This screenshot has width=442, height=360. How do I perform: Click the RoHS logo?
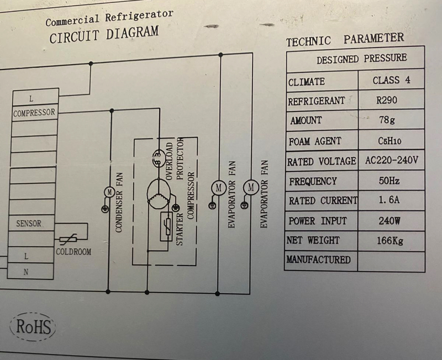point(33,326)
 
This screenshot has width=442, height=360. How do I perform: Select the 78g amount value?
point(387,120)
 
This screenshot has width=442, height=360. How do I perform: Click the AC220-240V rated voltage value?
point(391,161)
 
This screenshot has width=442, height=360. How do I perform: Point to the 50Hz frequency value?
point(390,181)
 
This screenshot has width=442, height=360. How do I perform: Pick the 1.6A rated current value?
point(390,200)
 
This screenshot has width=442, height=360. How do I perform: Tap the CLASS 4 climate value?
point(391,80)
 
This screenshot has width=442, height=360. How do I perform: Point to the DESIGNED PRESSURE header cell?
point(361,59)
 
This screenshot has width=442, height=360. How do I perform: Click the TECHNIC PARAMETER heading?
point(345,40)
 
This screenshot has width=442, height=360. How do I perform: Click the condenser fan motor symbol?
point(109,192)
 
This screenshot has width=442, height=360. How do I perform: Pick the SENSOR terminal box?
point(28,224)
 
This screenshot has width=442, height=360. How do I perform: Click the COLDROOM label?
point(73,252)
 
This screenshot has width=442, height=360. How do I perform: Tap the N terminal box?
point(27,272)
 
